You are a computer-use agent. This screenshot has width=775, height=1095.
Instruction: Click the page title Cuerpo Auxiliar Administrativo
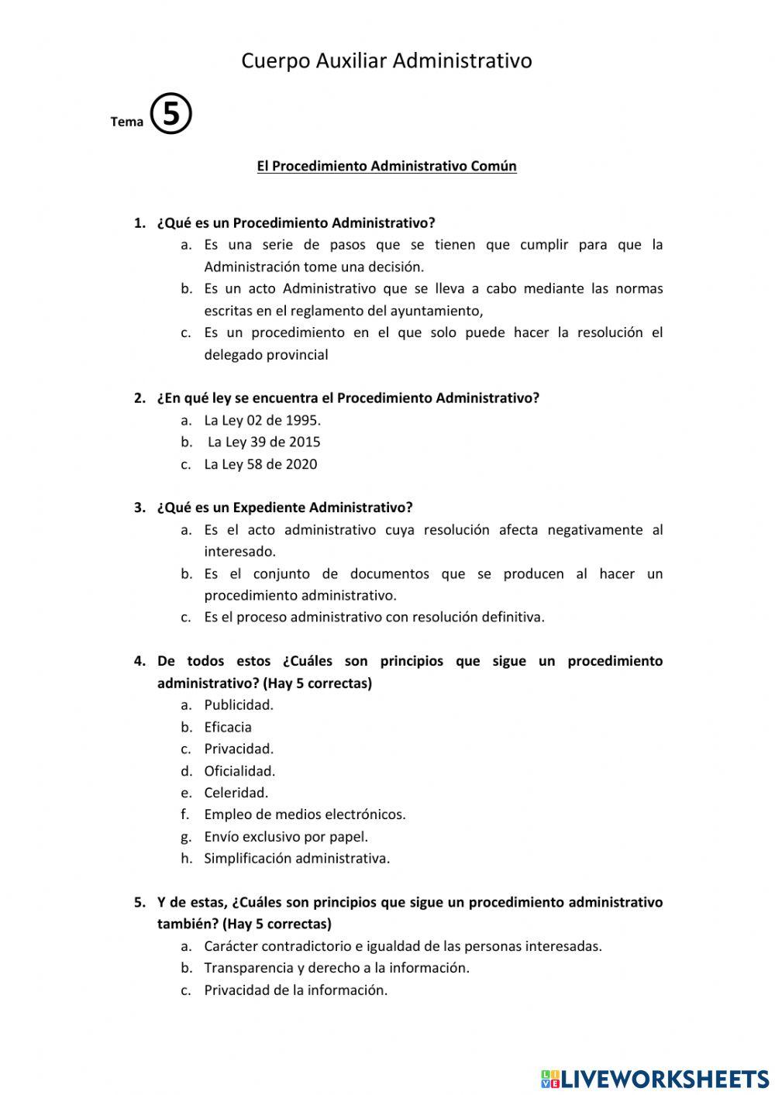pos(386,60)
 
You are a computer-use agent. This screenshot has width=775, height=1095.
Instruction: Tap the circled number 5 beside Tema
pos(170,114)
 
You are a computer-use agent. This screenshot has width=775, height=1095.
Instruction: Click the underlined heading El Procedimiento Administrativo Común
pos(386,166)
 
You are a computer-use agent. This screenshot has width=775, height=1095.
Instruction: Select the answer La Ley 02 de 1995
pos(262,420)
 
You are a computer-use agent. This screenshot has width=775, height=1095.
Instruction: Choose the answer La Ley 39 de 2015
pos(263,442)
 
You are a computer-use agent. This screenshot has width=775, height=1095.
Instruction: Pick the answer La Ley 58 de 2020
pos(260,464)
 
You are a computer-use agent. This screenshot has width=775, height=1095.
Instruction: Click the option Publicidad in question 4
pos(239,704)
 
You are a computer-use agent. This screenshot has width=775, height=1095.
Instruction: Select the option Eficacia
pos(228,727)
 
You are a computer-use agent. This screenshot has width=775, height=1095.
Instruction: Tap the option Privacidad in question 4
pos(239,749)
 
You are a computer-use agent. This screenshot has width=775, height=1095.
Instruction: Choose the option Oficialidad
pos(239,771)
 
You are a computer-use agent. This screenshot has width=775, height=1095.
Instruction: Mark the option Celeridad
pos(236,793)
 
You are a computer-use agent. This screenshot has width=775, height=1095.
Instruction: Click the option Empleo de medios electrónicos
pos(305,814)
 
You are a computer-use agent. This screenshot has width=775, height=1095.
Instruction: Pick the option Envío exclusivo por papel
pos(286,837)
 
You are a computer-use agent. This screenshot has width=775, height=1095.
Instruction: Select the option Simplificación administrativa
pos(297,859)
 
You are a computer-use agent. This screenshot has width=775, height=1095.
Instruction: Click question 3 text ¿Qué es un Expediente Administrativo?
pos(284,508)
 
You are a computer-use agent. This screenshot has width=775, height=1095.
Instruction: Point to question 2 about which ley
pos(348,398)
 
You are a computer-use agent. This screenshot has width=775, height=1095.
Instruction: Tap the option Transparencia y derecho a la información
pos(336,968)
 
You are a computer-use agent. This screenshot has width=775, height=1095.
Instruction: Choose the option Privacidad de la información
pos(295,990)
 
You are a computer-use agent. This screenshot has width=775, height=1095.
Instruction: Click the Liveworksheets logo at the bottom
pos(655,1078)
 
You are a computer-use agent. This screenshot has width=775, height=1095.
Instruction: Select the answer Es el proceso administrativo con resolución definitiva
pos(374,618)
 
